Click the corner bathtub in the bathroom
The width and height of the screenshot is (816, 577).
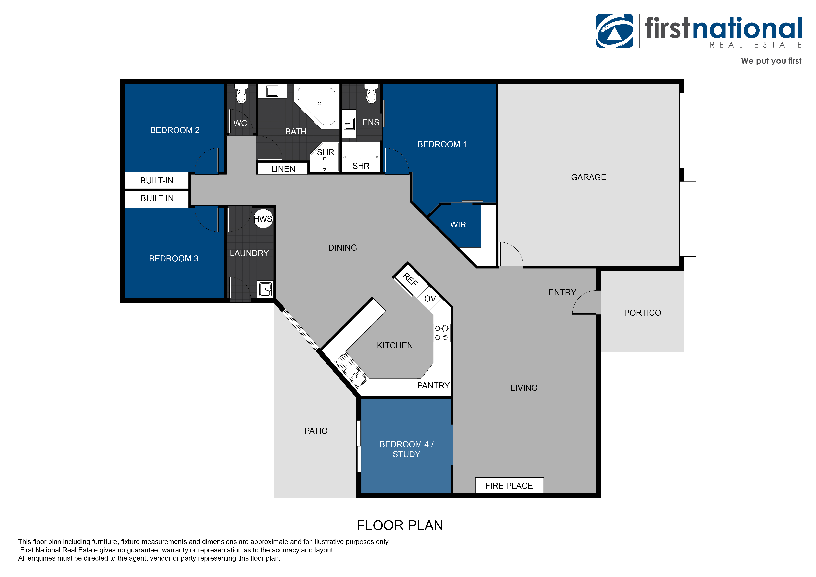tap(316, 106)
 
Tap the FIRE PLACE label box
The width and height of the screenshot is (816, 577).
tap(509, 485)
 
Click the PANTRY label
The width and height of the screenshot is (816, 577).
tap(434, 386)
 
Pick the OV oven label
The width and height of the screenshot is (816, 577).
tap(430, 298)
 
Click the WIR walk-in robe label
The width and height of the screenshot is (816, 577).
tap(458, 225)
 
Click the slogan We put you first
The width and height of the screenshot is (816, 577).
tap(771, 61)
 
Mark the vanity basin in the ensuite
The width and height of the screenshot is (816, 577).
tap(349, 124)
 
